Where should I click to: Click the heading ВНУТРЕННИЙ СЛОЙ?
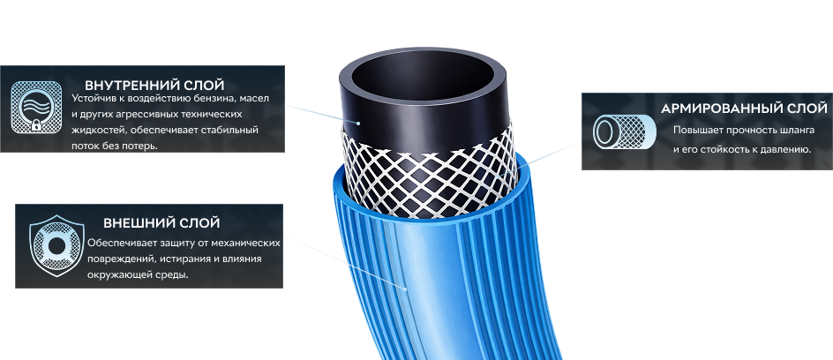[154, 85]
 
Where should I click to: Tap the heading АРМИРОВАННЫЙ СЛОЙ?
[744, 109]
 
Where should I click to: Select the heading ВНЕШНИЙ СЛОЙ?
[161, 222]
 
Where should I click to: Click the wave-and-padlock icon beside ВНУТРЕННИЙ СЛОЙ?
[36, 107]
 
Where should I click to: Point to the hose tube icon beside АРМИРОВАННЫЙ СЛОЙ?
[624, 131]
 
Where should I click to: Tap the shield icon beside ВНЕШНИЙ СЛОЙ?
[56, 246]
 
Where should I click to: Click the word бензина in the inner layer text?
[212, 99]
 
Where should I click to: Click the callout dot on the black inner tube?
[358, 124]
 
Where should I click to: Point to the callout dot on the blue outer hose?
[405, 289]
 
